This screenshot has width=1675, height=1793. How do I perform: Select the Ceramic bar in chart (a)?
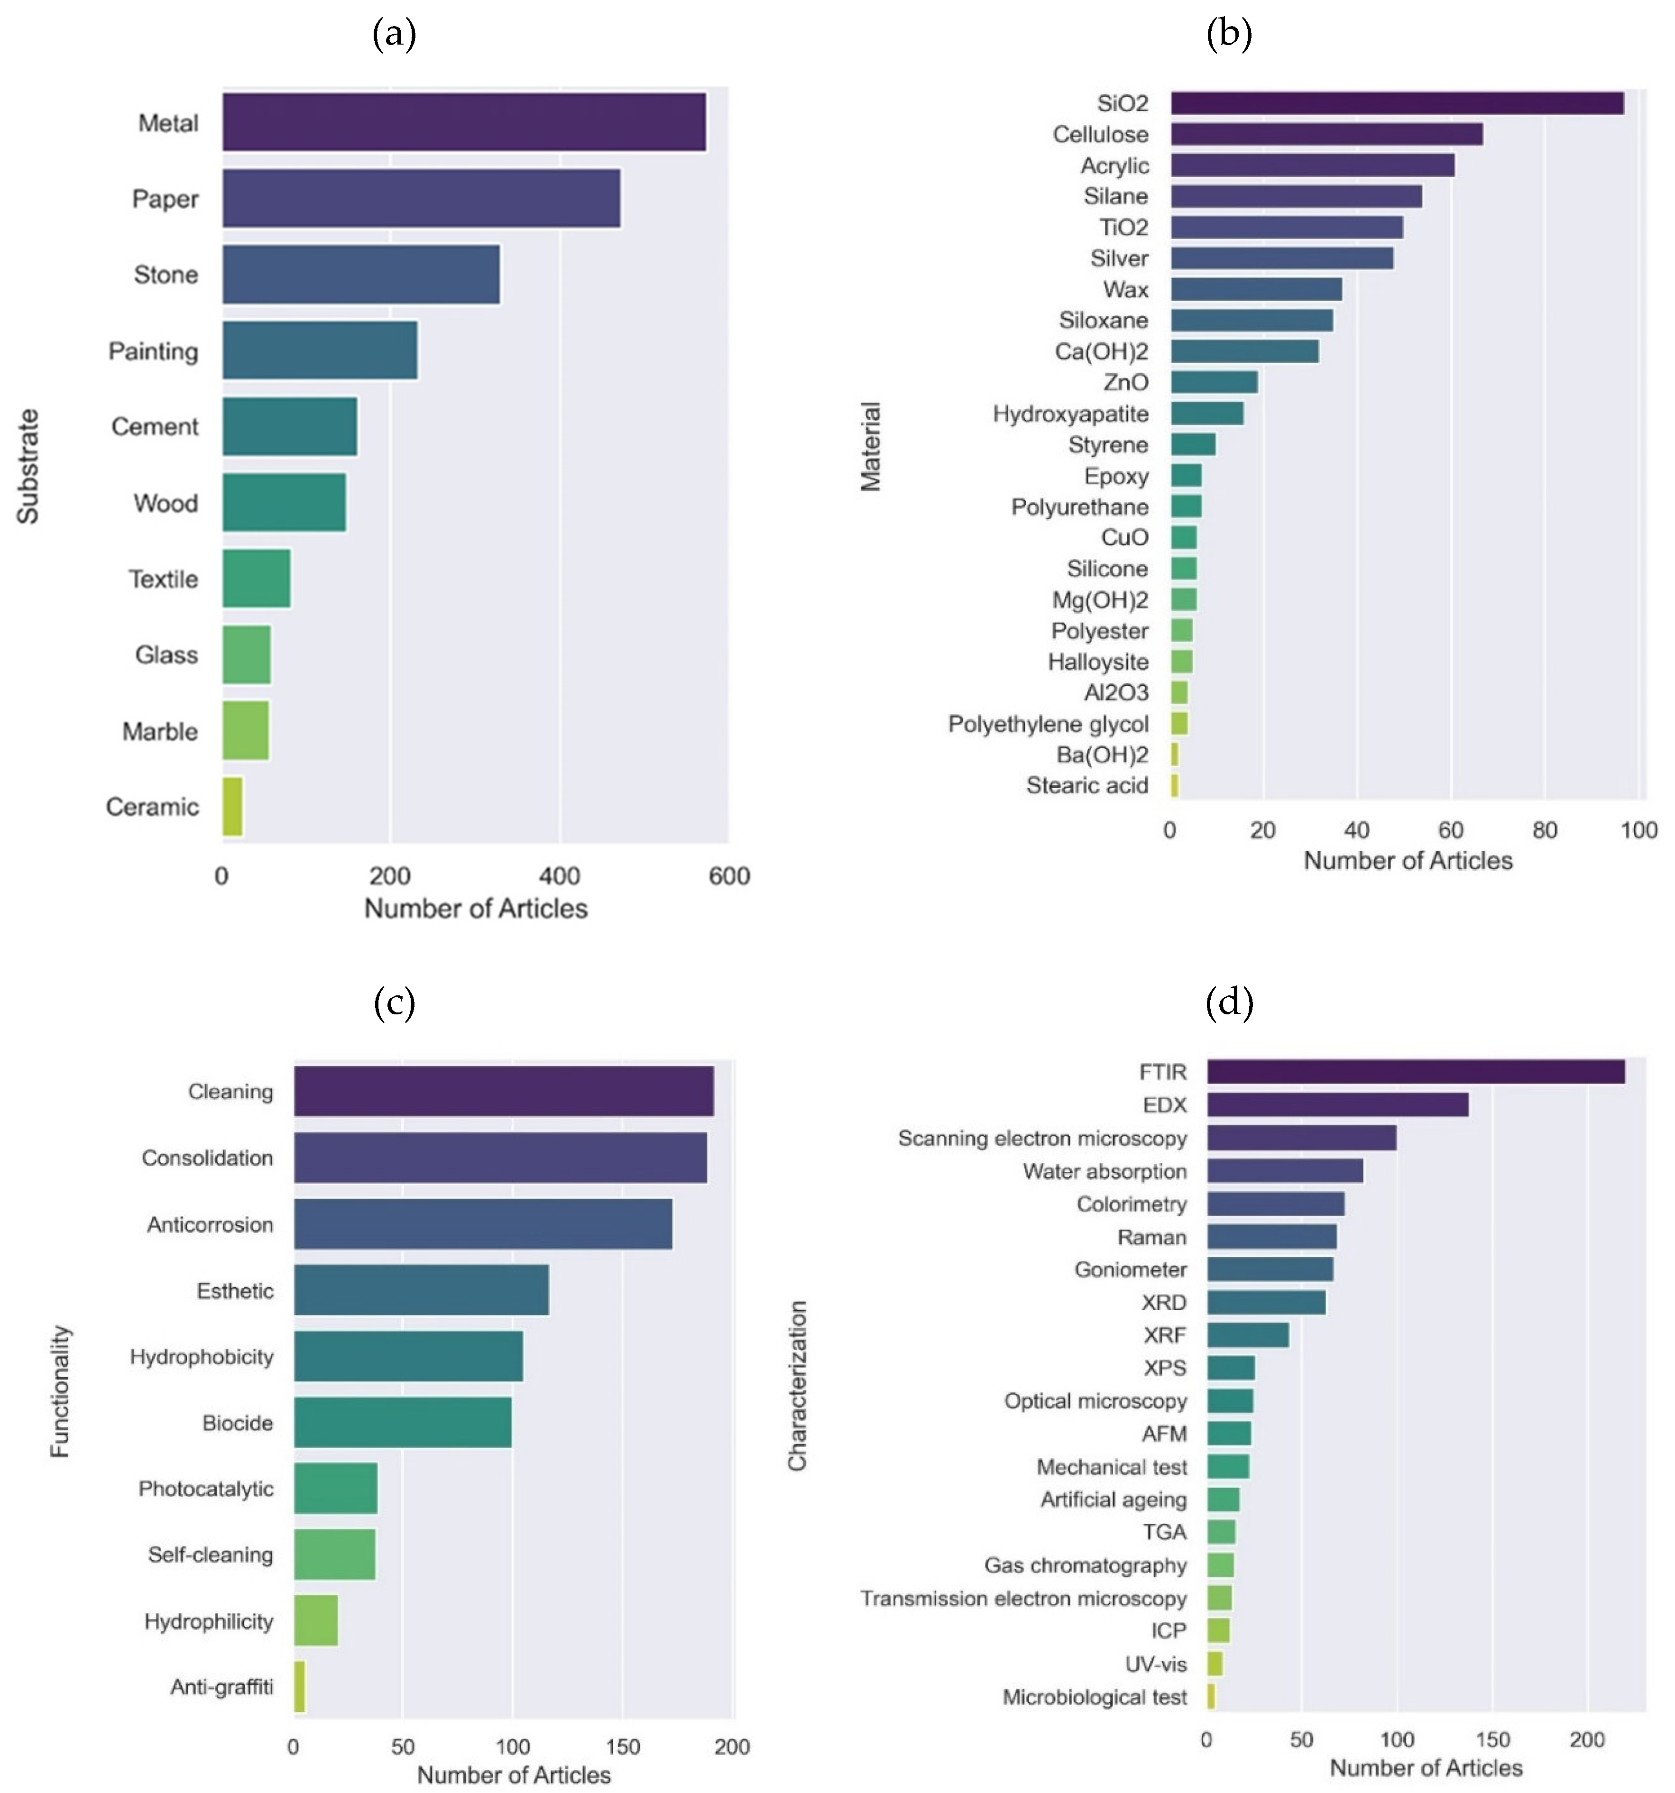point(232,806)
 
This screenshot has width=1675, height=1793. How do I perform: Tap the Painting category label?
point(153,351)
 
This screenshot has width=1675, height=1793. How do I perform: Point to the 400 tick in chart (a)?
point(559,876)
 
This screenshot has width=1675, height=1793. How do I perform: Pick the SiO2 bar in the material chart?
point(1396,103)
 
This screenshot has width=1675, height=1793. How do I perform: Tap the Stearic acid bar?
point(1174,786)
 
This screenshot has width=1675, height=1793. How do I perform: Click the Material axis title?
point(870,446)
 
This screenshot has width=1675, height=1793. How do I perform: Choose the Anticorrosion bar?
point(483,1224)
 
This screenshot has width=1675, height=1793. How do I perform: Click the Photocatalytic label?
point(206,1488)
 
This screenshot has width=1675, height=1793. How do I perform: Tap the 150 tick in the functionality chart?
point(622,1747)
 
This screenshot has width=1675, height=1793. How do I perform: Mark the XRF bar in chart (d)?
point(1247,1335)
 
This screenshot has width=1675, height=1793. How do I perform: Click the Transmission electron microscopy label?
point(1023,1598)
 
